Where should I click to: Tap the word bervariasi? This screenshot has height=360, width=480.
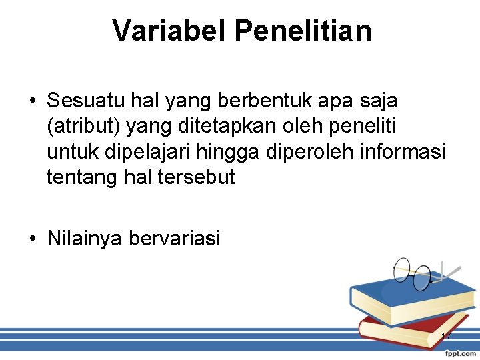tap(175, 238)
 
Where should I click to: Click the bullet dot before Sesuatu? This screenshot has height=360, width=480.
tap(32, 102)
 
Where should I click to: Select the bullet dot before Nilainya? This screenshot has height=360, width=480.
tap(32, 239)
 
